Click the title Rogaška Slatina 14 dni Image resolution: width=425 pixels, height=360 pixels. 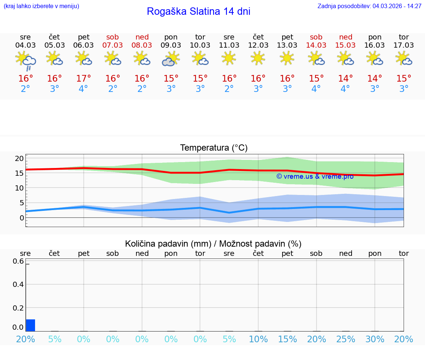point(198,11)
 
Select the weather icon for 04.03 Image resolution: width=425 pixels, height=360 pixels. point(25,61)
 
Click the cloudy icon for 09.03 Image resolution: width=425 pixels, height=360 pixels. point(171,59)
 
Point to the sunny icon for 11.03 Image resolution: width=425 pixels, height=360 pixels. point(229,58)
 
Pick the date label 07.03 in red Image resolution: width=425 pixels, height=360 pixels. point(113,45)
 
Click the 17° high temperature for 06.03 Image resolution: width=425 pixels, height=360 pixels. point(84,79)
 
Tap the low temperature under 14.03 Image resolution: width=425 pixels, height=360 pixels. point(316,89)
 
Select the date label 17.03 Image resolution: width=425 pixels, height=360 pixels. point(404,45)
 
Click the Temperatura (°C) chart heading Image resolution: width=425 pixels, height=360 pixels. point(214,148)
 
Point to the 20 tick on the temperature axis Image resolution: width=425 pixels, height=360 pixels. point(20,158)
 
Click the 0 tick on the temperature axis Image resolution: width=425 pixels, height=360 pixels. point(22,217)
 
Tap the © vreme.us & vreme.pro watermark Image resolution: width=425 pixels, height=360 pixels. point(315,176)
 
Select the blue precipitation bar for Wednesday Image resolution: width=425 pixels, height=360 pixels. point(30,325)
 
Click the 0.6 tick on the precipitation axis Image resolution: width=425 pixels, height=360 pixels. point(19,261)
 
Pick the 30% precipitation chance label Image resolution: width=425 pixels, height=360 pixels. point(375,339)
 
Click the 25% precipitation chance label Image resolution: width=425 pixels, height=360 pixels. point(346,339)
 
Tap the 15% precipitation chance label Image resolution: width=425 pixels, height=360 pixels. point(287,339)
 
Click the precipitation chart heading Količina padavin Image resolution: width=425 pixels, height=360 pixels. point(213,244)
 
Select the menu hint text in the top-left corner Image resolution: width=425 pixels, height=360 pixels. point(41,6)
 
